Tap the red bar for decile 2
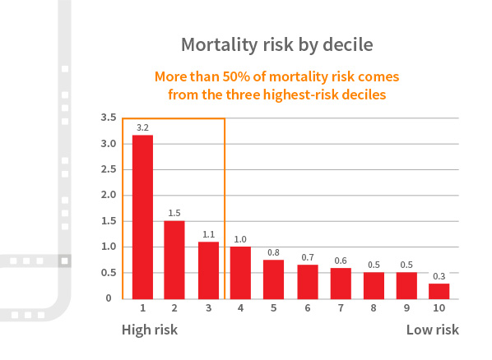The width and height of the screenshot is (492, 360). click(x=174, y=259)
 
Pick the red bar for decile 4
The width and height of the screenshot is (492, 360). click(x=240, y=272)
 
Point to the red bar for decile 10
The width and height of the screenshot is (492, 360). click(x=439, y=290)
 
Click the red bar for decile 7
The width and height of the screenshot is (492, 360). click(x=341, y=283)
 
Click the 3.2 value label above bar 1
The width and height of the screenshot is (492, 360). click(x=142, y=127)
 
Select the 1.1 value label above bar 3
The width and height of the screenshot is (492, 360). click(x=208, y=233)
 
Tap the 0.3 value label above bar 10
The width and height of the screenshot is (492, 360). click(x=439, y=275)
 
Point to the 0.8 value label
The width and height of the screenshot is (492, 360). click(x=274, y=252)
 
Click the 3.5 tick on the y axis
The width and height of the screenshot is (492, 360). click(x=108, y=118)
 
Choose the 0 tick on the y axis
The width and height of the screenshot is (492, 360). click(x=109, y=298)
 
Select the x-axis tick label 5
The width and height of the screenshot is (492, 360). click(x=274, y=310)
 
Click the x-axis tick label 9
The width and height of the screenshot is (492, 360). click(x=406, y=310)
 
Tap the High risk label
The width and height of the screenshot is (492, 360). click(x=150, y=330)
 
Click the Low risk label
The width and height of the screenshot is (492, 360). click(x=432, y=330)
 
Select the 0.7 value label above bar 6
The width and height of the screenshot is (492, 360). click(x=307, y=256)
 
